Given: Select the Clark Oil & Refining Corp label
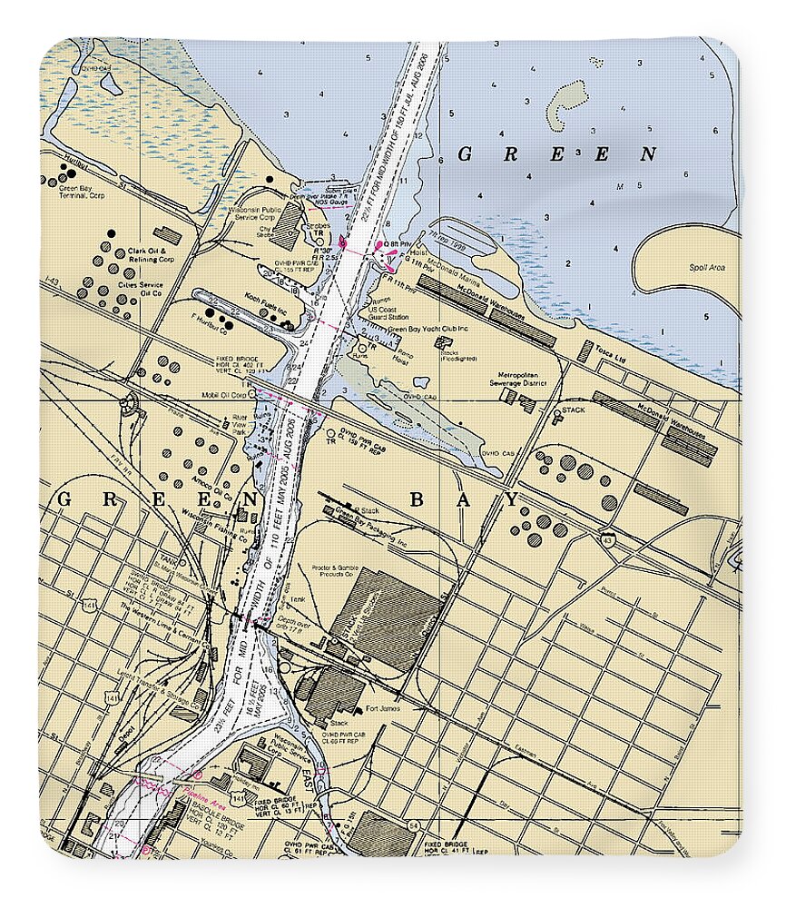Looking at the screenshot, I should point(150,255).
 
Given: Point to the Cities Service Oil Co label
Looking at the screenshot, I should point(140,289).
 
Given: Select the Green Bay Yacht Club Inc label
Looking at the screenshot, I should point(428,329).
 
